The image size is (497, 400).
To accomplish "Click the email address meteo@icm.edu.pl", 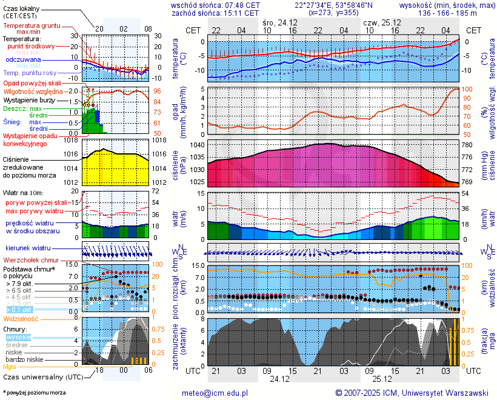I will pyautogui.click(x=215, y=393).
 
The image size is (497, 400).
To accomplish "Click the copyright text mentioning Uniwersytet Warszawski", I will pyautogui.click(x=412, y=393).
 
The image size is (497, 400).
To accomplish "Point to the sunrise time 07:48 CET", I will pyautogui.click(x=216, y=5).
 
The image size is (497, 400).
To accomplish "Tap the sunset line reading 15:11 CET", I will pyautogui.click(x=216, y=12).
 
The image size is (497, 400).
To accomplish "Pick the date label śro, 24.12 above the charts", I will pyautogui.click(x=279, y=22).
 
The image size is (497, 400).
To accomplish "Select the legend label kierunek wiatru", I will pyautogui.click(x=28, y=248).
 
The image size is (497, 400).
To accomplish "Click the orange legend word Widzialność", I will pyautogui.click(x=21, y=318).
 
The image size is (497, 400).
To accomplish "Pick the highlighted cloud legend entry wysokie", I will pyautogui.click(x=18, y=337).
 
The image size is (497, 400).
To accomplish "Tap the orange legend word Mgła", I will pyautogui.click(x=10, y=367).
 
